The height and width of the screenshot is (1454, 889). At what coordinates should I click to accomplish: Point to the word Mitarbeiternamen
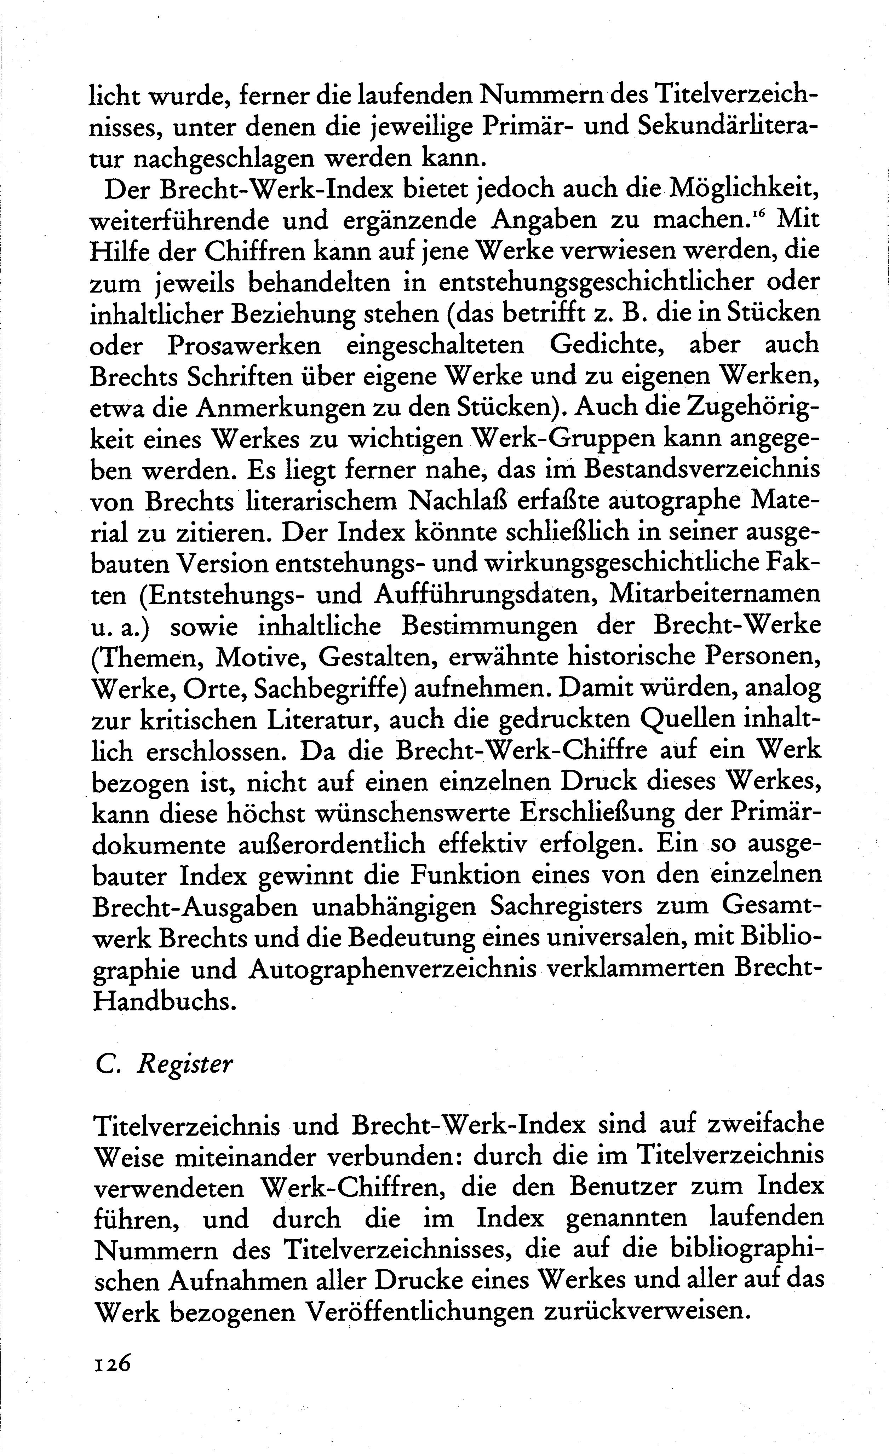point(714,594)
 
